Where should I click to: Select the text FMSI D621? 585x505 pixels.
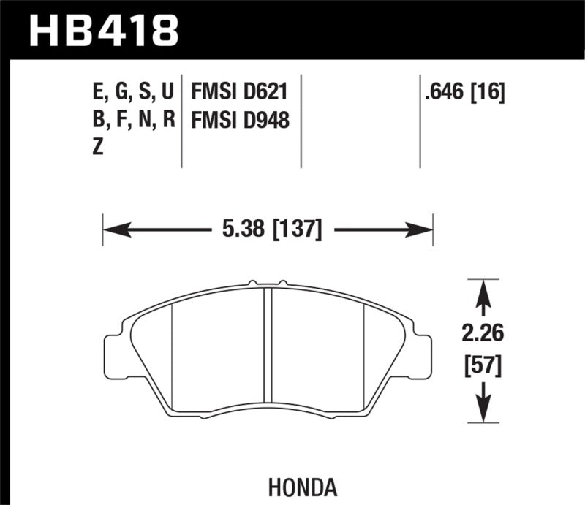point(238,93)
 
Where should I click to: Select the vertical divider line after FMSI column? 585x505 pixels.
point(301,121)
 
